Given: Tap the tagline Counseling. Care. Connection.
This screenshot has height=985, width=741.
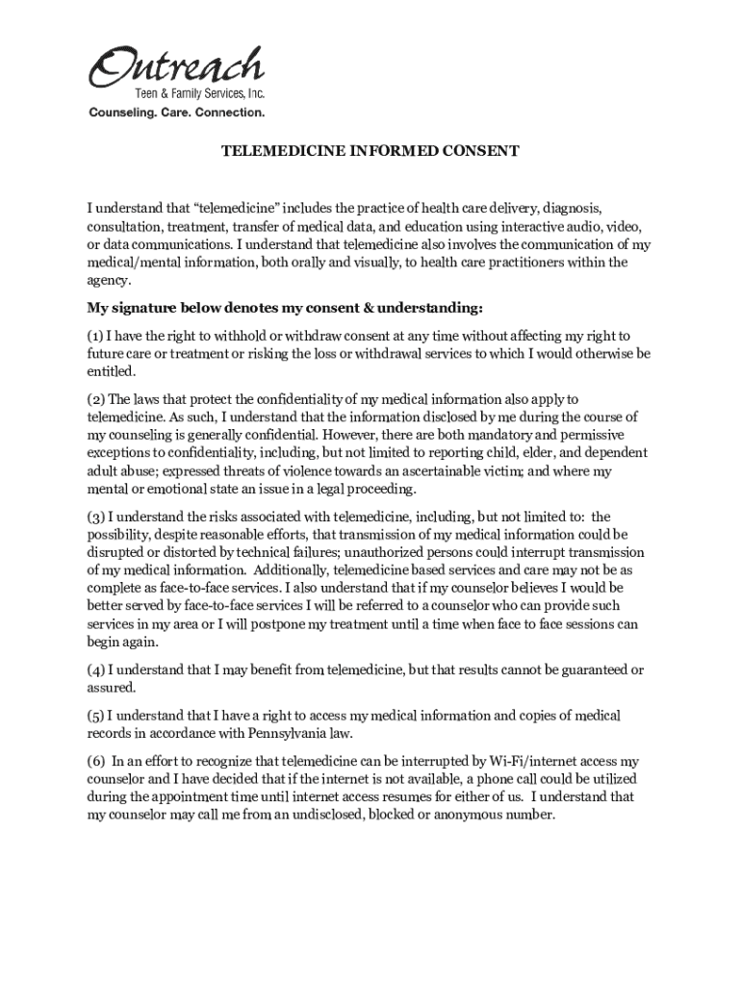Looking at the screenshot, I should (x=176, y=113).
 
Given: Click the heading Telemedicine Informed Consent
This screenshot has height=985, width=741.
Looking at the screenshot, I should (x=370, y=152).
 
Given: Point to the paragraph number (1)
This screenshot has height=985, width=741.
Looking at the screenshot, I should (x=94, y=336).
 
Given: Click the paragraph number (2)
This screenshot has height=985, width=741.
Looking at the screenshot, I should (x=95, y=398).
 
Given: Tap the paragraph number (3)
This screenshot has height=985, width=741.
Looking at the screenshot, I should (x=95, y=516).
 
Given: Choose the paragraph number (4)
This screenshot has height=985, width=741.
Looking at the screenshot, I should (x=95, y=669).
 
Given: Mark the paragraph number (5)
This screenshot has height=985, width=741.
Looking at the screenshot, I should (x=95, y=715).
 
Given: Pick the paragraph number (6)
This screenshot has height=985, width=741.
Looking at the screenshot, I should (x=95, y=761).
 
